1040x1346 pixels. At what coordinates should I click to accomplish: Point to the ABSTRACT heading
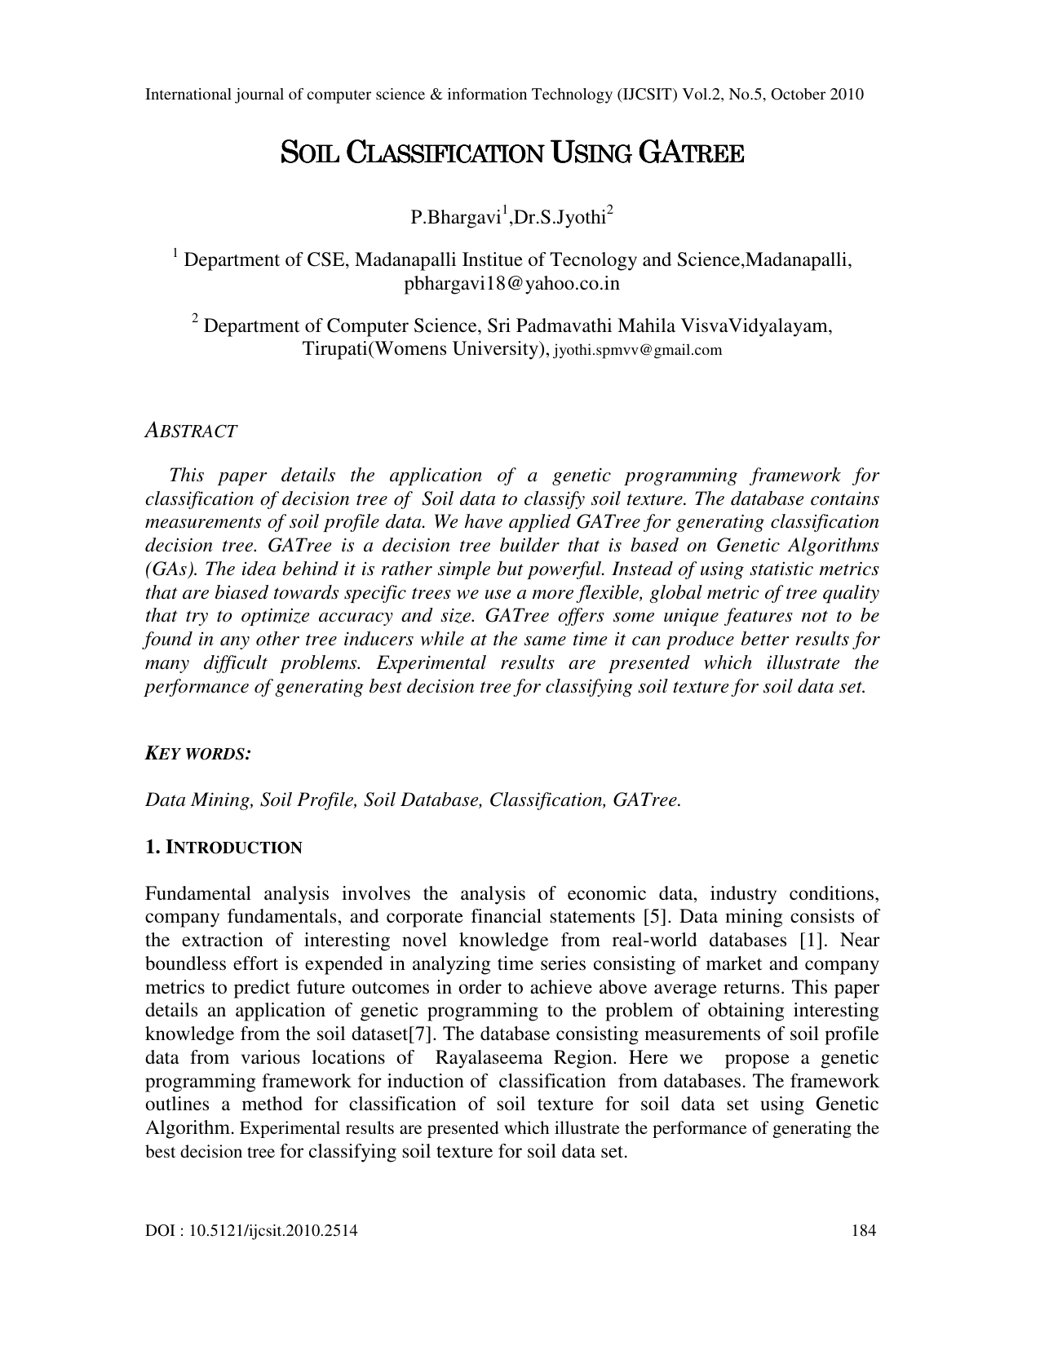[191, 432]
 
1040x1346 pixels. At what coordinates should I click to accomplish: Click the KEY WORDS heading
[197, 754]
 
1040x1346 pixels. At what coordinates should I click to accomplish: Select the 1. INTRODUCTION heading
[223, 848]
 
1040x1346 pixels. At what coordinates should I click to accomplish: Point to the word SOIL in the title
[309, 153]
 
